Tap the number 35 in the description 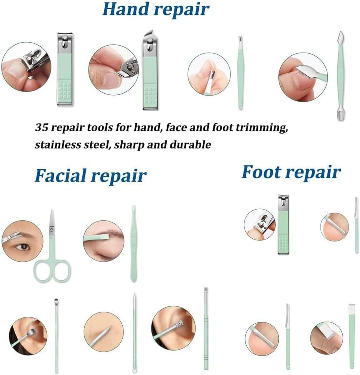pos(41,127)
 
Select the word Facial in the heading pos(61,175)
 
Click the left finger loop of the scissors pos(43,271)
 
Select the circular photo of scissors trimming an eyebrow pos(23,241)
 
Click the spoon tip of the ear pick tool pos(56,301)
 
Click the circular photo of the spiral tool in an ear pos(173,328)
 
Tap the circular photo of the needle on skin pos(104,332)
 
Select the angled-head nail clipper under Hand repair pos(150,71)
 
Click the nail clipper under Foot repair pos(284,224)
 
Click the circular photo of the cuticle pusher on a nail pos(303,77)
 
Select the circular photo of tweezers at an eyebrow pos(104,241)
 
